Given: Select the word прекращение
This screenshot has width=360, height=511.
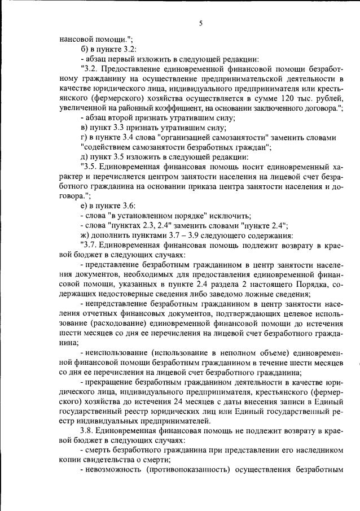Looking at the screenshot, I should click(x=108, y=383).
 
